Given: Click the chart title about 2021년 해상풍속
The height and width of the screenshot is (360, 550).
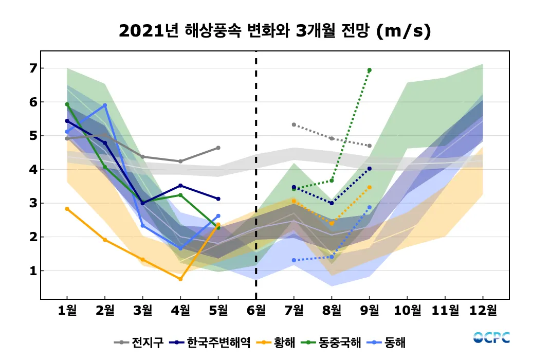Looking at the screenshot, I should tap(274, 31).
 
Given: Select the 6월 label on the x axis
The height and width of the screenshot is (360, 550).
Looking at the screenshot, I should tap(256, 310).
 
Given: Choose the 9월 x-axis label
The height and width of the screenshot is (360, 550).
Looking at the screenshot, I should tap(370, 310).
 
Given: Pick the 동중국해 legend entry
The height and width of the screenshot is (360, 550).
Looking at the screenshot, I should tap(333, 342).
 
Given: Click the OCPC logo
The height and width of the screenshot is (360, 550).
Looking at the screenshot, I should tap(491, 338).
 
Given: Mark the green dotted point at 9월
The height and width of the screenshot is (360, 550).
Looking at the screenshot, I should tap(370, 70).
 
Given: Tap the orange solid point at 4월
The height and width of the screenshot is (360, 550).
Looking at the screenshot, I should tap(180, 279).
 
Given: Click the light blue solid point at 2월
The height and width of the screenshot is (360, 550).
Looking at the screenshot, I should tap(105, 105).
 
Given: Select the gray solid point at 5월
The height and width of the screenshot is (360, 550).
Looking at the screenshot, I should tap(218, 148).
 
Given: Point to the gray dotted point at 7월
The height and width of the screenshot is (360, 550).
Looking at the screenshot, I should tap(294, 124).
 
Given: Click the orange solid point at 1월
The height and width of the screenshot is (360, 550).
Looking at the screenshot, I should tap(67, 209).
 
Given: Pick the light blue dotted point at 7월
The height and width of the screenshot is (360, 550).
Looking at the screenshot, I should tap(294, 260).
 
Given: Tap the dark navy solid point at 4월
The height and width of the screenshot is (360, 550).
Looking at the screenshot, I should tap(180, 186).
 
